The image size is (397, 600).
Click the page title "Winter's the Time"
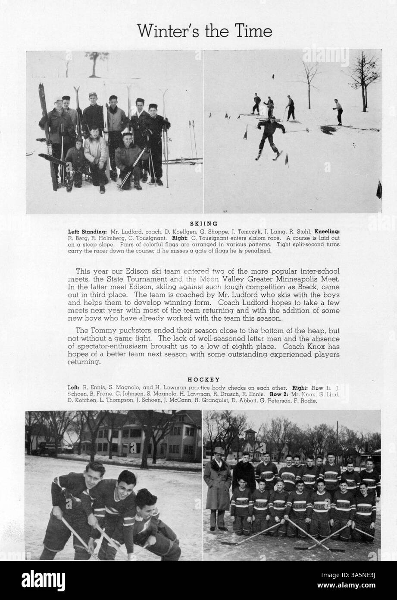pyautogui.click(x=204, y=31)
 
